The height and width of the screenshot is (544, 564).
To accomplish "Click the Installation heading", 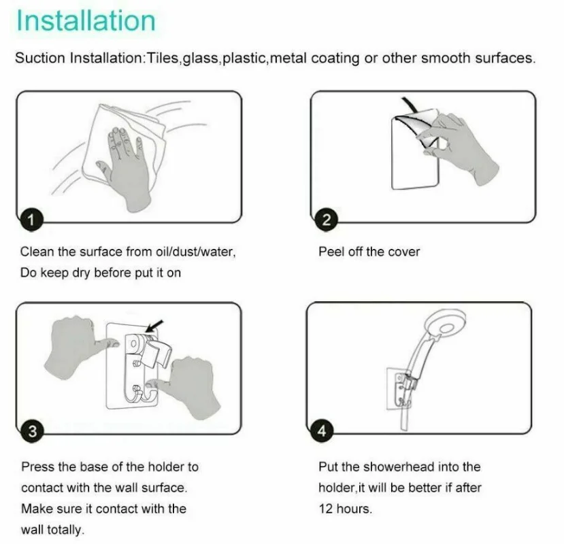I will (x=86, y=20).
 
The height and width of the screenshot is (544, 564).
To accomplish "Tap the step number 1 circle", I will (x=29, y=219).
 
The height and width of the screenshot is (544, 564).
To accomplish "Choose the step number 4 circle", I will (x=322, y=430).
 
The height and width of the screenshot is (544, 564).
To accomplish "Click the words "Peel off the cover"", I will (x=369, y=252).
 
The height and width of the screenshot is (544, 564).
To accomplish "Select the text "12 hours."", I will (x=345, y=509).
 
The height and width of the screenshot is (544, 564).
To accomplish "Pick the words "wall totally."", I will (x=52, y=530).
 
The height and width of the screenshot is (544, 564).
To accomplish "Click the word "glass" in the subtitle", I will (x=198, y=58).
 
